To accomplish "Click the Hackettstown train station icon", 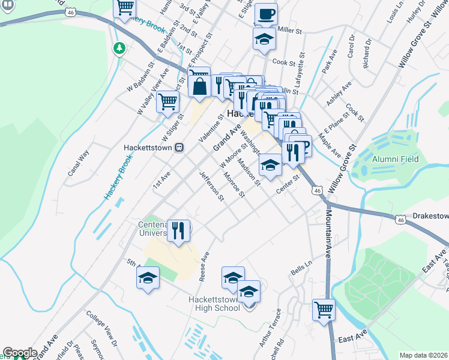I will (178, 147).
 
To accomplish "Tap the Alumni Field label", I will (395, 159).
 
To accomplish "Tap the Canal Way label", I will (78, 163).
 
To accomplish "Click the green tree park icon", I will (119, 47).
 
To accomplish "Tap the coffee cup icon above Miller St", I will (265, 13).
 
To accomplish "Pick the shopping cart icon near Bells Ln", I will (324, 310).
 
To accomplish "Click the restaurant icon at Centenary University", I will (178, 230).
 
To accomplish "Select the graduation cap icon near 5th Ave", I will (148, 278).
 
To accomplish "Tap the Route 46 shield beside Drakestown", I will (400, 220).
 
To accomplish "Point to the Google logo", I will (19, 353).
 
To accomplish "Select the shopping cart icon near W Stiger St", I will (167, 101).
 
